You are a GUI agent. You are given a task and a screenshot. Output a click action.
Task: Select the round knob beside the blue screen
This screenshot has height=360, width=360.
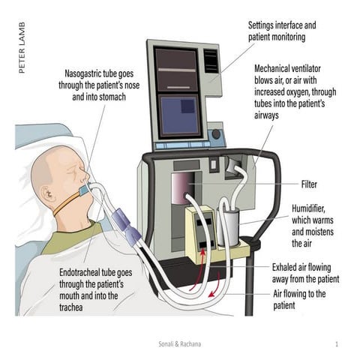coord(216,136)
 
